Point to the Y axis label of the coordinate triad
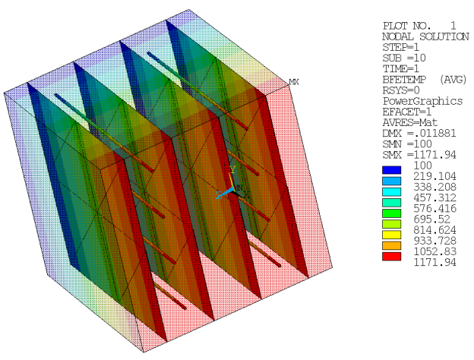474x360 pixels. (x=233, y=169)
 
